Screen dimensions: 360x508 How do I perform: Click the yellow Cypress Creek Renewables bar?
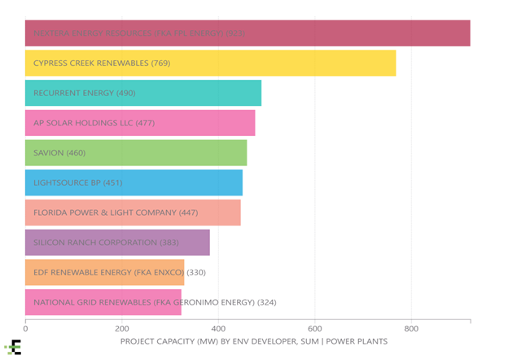coord(210,63)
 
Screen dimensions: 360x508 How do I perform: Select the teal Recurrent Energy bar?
coord(143,93)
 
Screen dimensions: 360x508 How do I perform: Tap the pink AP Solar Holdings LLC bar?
coord(140,123)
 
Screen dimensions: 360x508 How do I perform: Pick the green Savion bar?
coord(136,153)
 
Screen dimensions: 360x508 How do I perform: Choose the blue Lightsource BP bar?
coord(134,182)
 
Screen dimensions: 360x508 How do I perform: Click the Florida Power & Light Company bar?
coord(133,213)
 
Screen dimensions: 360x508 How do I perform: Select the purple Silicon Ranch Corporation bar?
coord(117,243)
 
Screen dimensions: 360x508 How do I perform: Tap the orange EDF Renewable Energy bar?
coord(104,272)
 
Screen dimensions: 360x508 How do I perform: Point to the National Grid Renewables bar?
coord(103,302)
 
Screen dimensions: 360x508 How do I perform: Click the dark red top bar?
coord(247,33)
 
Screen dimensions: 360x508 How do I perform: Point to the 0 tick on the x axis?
coord(25,329)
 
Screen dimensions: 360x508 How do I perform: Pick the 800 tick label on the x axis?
coord(412,329)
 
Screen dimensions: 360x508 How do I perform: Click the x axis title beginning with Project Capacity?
coord(253,341)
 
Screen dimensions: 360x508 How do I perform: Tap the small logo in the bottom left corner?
coord(13,348)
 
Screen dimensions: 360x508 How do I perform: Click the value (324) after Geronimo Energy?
coord(267,302)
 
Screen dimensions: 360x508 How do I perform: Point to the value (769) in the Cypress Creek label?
coord(159,63)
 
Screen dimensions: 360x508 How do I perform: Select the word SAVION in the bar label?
coord(48,153)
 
